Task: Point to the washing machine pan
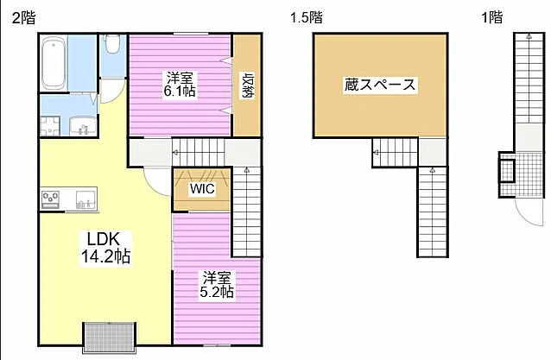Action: tap(49, 126)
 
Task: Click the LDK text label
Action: tap(106, 239)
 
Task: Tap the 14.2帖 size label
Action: tap(106, 256)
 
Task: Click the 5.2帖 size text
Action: tap(217, 293)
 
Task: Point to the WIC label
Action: tap(202, 188)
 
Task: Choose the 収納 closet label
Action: tap(248, 86)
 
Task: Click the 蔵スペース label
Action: tap(380, 85)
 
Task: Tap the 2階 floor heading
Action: tap(23, 16)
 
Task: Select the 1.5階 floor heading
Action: tap(306, 16)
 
